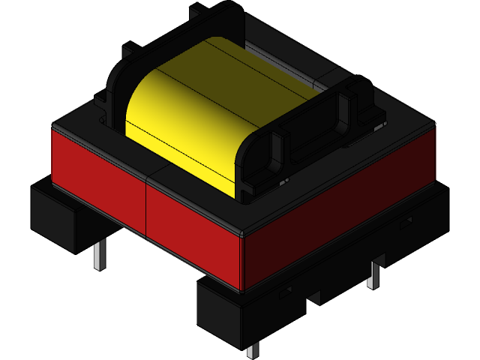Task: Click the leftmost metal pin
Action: [x=99, y=254]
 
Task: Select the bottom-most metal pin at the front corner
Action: [x=252, y=350]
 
